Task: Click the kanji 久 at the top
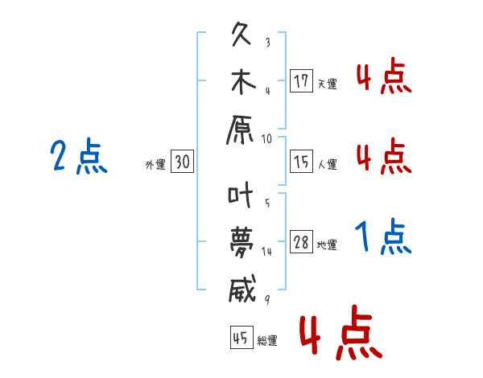pos(242,34)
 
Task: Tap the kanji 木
pos(243,82)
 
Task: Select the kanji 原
pos(240,130)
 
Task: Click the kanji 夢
pos(242,242)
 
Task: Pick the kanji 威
pos(242,289)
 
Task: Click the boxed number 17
pos(301,80)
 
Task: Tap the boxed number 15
pos(301,161)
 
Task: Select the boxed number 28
pos(301,241)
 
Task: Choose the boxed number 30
pos(182,161)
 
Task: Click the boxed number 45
pos(242,338)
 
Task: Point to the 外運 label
pos(155,164)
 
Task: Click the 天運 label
pos(328,84)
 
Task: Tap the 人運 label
pos(328,164)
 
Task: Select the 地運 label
pos(327,244)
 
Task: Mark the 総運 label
pos(267,340)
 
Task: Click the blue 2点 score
pos(79,156)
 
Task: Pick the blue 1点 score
pos(383,236)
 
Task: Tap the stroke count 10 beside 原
pos(266,139)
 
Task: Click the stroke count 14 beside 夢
pos(266,252)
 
